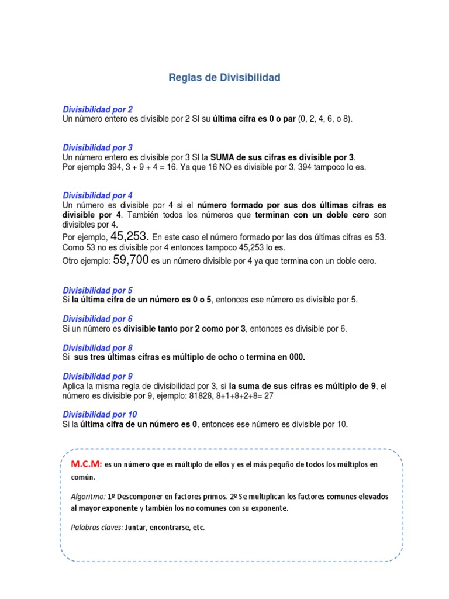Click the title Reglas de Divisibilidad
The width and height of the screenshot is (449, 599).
tap(224, 77)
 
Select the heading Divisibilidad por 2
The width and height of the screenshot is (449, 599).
tap(98, 109)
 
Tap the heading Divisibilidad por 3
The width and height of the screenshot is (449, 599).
tap(98, 148)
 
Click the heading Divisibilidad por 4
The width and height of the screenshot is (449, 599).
tap(98, 195)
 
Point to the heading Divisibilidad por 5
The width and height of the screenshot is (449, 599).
tap(98, 290)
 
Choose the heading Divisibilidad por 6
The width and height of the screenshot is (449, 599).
tap(98, 319)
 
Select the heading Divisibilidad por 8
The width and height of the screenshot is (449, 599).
tap(98, 347)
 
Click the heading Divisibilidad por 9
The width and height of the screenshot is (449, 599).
tap(98, 376)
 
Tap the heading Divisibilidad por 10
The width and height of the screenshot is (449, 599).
tap(100, 414)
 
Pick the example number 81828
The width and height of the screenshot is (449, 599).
tap(198, 395)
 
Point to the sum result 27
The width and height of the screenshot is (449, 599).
tap(268, 395)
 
